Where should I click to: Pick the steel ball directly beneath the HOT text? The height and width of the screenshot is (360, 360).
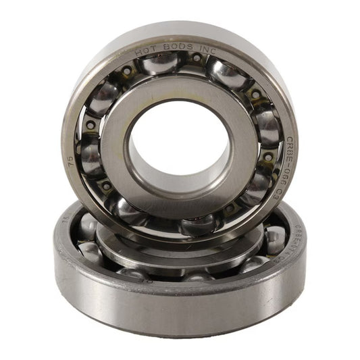(159, 64)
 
